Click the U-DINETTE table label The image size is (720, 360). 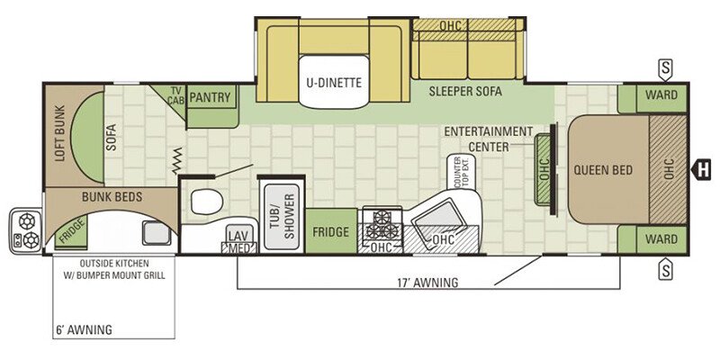click(x=334, y=83)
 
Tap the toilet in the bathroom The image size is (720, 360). click(x=207, y=202)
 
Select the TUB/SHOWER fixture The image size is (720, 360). click(x=282, y=216)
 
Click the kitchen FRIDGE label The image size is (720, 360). click(x=331, y=232)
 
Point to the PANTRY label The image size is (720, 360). click(x=210, y=97)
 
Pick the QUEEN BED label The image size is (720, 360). click(x=603, y=170)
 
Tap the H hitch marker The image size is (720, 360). click(x=701, y=169)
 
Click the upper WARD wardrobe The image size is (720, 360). click(x=652, y=98)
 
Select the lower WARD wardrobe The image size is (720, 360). click(x=652, y=239)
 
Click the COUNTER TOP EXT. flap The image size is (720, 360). click(x=461, y=172)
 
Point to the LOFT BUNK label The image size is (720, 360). click(x=59, y=133)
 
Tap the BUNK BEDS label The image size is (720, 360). click(x=112, y=197)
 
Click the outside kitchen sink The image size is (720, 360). click(x=156, y=233)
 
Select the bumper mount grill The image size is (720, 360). click(x=26, y=231)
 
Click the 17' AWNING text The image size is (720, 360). click(x=427, y=283)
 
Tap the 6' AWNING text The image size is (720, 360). click(x=84, y=329)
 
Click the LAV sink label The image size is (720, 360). click(x=238, y=236)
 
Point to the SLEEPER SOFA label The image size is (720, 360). click(x=465, y=91)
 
